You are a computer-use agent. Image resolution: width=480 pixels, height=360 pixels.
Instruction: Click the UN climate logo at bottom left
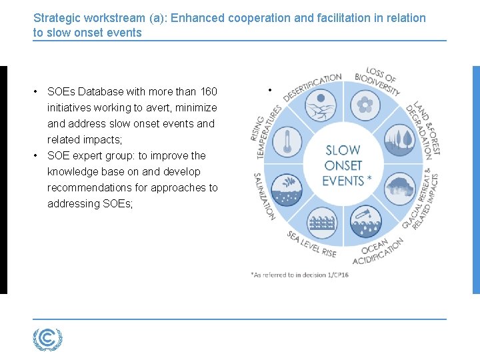pyautogui.click(x=47, y=339)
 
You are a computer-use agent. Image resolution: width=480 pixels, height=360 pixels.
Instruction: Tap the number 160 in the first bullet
pyautogui.click(x=208, y=92)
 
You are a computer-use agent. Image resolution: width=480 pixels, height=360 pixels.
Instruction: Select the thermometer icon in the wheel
pyautogui.click(x=287, y=142)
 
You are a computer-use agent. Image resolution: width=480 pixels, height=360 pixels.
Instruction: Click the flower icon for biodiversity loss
pyautogui.click(x=364, y=103)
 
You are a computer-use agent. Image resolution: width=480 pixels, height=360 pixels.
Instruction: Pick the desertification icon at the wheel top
pyautogui.click(x=321, y=104)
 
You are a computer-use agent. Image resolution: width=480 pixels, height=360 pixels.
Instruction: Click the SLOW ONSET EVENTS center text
pyautogui.click(x=343, y=165)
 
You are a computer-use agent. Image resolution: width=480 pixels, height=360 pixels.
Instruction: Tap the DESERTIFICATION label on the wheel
pyautogui.click(x=311, y=86)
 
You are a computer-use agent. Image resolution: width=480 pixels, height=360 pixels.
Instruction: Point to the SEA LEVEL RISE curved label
pyautogui.click(x=311, y=245)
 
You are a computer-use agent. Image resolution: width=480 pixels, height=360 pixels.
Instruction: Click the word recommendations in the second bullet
pyautogui.click(x=97, y=188)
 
